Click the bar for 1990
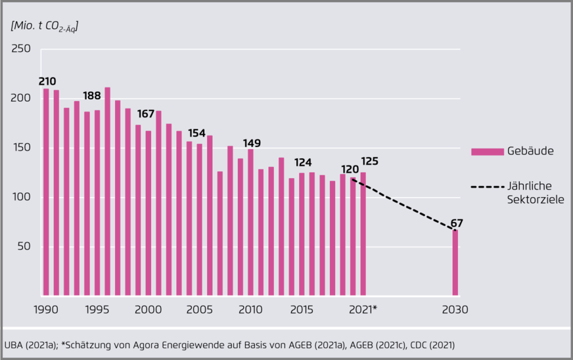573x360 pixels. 46,192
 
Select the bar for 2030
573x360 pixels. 455,263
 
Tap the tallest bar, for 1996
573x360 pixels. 108,191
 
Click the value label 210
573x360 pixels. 47,81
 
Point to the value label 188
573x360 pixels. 92,96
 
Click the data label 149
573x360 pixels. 252,143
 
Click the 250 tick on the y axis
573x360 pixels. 22,49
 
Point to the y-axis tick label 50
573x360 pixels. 24,247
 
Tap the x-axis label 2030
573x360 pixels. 455,309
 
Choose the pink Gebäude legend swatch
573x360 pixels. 486,152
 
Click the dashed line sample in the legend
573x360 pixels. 486,188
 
